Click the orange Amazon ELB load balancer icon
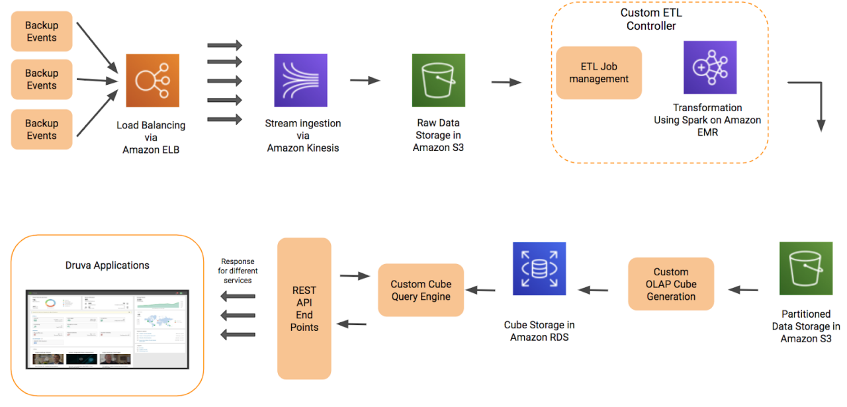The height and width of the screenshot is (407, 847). pos(153,81)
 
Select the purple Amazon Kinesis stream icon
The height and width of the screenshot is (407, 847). pos(300,80)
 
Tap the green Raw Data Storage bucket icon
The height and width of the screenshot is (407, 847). pos(438,80)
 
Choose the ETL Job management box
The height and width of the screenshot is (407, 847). pos(599,73)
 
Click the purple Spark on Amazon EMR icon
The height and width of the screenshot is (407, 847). pos(710,68)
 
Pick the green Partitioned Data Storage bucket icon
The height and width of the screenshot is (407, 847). pos(805,268)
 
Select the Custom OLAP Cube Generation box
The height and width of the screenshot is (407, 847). pos(671,284)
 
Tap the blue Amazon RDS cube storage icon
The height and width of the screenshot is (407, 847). pos(539,268)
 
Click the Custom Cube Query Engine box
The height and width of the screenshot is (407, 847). pos(421,290)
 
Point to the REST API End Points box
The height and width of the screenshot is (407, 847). pos(304,308)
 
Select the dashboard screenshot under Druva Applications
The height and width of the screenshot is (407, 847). pos(107,328)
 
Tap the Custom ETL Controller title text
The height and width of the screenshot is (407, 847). pos(651,19)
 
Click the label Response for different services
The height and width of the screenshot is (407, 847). pos(238,271)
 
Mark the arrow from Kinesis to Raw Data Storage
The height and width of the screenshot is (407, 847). pos(365,81)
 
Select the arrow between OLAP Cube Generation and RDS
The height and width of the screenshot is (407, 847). pos(594,289)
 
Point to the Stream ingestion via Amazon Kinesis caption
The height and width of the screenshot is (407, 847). pos(303,136)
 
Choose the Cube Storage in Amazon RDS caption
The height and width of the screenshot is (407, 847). pos(539,331)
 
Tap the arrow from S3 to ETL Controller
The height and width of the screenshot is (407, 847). pos(506,82)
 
